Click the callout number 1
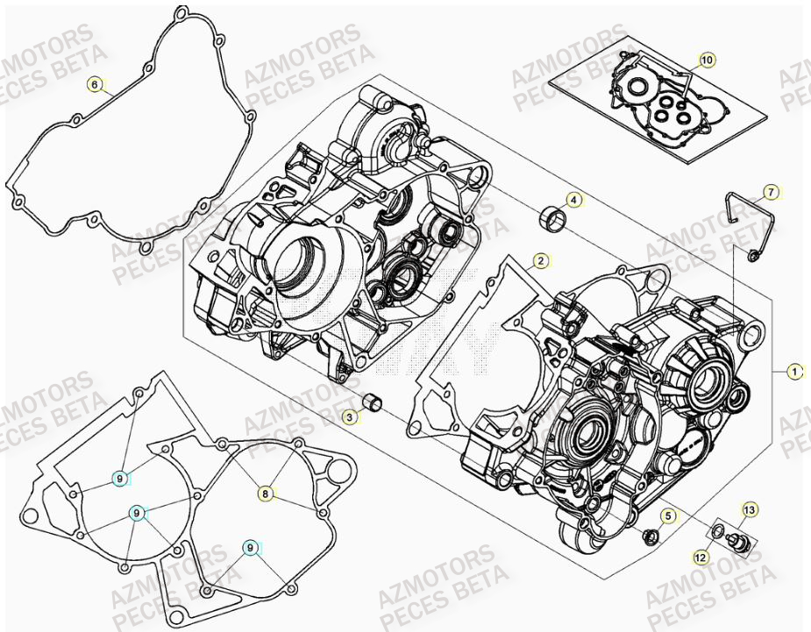pos(794,372)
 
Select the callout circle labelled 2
pos(541,260)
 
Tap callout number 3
pos(349,418)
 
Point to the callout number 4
pos(573,200)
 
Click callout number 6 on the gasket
pos(94,85)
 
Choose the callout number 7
pos(770,191)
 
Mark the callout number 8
pos(265,494)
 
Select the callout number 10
pos(707,60)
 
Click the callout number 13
pos(749,509)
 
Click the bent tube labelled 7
pos(743,219)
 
